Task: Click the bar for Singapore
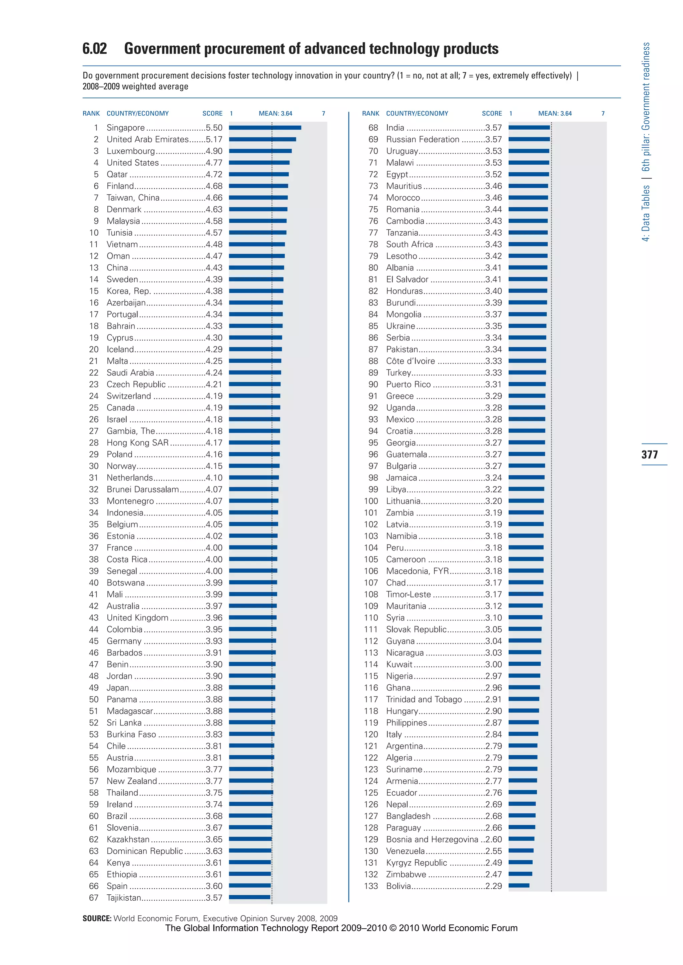click(x=265, y=127)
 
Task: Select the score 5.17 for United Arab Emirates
click(x=214, y=139)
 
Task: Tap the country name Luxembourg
click(x=130, y=151)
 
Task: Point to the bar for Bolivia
click(x=519, y=886)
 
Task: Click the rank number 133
click(x=371, y=886)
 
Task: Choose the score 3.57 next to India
click(x=493, y=127)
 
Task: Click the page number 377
click(x=650, y=454)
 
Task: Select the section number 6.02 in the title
click(x=95, y=49)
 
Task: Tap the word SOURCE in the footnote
click(x=97, y=918)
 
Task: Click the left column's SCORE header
click(x=212, y=114)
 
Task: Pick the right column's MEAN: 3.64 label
click(x=555, y=114)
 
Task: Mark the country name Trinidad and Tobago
click(x=424, y=699)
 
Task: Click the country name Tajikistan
click(x=124, y=898)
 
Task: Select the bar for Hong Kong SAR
click(x=254, y=443)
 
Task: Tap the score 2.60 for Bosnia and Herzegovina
click(x=493, y=839)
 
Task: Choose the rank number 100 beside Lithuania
click(x=371, y=501)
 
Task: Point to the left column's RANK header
click(x=91, y=114)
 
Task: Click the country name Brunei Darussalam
click(x=143, y=489)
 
